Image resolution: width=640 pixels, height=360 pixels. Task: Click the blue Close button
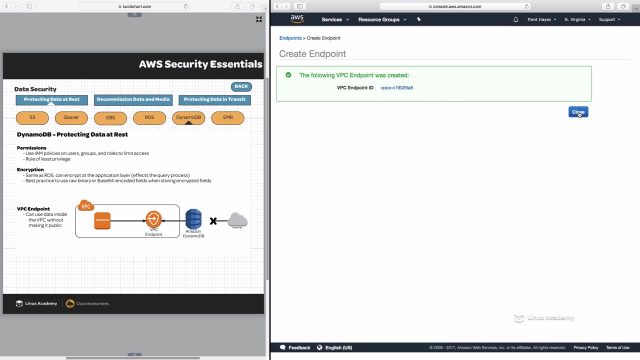(x=578, y=112)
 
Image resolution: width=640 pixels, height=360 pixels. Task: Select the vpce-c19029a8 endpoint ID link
(x=396, y=88)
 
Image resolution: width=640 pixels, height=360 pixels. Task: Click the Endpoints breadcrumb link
(x=290, y=38)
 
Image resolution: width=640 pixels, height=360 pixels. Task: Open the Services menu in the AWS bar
(x=335, y=19)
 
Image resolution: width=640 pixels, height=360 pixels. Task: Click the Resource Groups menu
(x=382, y=19)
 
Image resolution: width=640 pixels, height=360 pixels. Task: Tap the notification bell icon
(x=516, y=19)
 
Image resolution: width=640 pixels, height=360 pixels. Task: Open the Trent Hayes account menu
(x=541, y=19)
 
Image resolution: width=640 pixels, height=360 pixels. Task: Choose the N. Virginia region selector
(x=577, y=19)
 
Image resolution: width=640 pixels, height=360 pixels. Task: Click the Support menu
(x=609, y=19)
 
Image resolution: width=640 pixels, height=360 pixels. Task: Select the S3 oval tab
(x=32, y=117)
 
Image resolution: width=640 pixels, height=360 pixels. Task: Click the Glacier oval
(x=71, y=117)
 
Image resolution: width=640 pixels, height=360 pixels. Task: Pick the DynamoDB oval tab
(x=188, y=117)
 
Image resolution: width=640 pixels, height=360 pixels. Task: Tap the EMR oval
(x=228, y=117)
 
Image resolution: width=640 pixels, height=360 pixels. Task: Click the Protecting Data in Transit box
(x=214, y=99)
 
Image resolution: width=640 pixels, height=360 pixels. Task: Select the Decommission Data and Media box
(x=133, y=99)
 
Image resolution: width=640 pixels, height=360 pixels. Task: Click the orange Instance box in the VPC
(x=102, y=220)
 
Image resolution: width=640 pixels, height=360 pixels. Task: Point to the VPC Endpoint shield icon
(x=153, y=219)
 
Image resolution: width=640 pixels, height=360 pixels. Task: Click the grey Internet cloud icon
(x=237, y=219)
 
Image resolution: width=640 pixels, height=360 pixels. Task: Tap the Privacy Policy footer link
(x=585, y=347)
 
